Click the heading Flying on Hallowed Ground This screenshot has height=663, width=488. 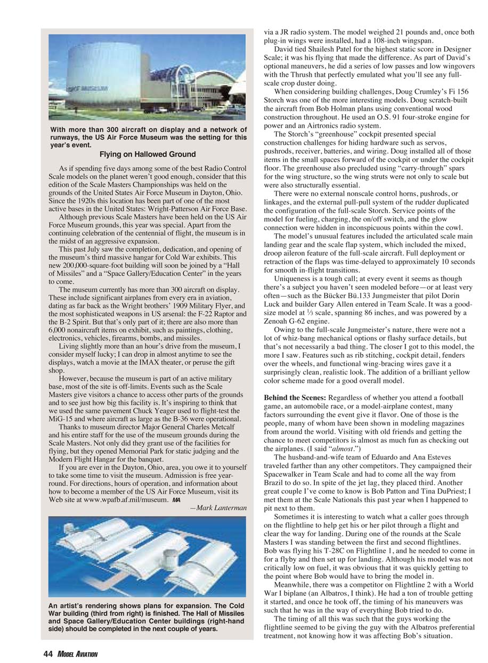(148, 154)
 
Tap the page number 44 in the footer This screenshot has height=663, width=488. (47, 654)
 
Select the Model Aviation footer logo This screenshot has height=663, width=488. (77, 654)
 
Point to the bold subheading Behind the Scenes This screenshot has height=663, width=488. (295, 398)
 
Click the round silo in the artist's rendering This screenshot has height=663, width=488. (172, 559)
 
